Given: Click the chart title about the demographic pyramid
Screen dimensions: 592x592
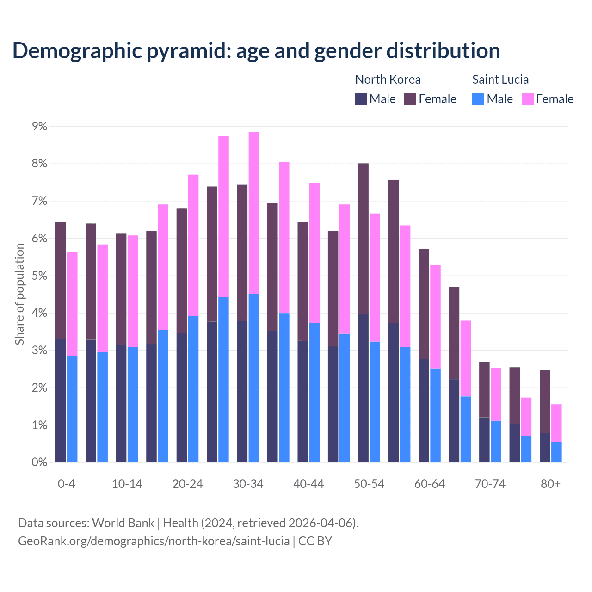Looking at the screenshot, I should pos(256,50).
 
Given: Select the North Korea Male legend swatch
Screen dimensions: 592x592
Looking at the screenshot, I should pos(361,99).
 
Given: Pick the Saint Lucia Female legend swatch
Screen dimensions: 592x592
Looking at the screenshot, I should pos(527,99).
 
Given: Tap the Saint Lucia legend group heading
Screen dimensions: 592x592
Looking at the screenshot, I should pos(500,80).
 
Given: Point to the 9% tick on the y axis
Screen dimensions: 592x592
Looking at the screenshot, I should pos(39,127).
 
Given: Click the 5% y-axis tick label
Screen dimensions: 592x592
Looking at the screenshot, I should pos(39,276).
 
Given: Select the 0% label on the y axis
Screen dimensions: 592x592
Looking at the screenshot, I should pos(39,462).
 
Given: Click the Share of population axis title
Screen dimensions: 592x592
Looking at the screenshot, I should pos(19,294).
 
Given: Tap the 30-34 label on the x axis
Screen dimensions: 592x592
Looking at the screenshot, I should pos(248,484).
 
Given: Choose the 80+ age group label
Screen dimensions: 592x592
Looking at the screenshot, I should pos(550,484).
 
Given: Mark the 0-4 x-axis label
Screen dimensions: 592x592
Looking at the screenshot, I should pos(66,484).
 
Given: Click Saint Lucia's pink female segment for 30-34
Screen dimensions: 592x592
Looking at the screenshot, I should pos(254,213).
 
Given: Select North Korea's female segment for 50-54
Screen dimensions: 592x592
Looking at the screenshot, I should pos(364,238).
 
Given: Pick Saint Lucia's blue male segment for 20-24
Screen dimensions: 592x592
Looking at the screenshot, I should pos(193,389).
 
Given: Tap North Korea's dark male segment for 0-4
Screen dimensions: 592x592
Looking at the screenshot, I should pos(61,401).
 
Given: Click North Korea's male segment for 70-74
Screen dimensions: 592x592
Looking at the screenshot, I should pos(484,440).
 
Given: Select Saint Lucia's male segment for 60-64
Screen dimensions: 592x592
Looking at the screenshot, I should pos(435,415).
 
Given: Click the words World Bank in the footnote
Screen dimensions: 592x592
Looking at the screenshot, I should pos(123,523).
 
